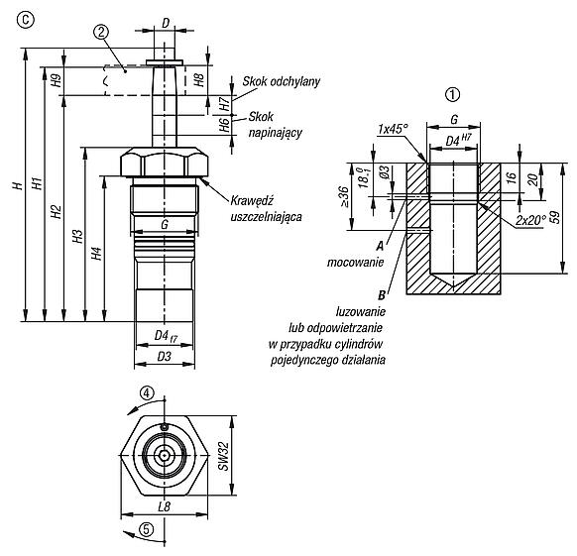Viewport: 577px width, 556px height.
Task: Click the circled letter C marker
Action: [25, 20]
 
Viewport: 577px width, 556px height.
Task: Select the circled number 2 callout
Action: [101, 33]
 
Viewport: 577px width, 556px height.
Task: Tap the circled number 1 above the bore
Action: [453, 95]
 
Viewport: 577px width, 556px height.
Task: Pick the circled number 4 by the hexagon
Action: [147, 393]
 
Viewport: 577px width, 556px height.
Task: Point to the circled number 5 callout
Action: [146, 530]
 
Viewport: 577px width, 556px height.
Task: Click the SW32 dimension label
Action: [223, 456]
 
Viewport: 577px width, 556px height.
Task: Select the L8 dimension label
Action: [165, 506]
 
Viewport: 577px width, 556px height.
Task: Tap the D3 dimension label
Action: [165, 356]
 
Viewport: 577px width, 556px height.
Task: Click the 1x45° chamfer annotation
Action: [394, 129]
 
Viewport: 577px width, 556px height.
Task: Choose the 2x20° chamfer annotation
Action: [530, 220]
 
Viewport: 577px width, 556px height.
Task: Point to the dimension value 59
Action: [555, 217]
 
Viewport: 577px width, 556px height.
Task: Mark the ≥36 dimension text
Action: [343, 196]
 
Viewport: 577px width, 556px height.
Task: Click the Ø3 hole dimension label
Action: [384, 172]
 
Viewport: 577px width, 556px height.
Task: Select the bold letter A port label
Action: [380, 246]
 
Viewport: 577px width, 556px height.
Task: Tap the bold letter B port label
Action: [382, 295]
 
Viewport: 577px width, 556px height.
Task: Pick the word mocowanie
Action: [356, 263]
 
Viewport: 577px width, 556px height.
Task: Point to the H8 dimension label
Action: [198, 80]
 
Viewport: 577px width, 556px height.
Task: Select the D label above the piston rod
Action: [166, 23]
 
